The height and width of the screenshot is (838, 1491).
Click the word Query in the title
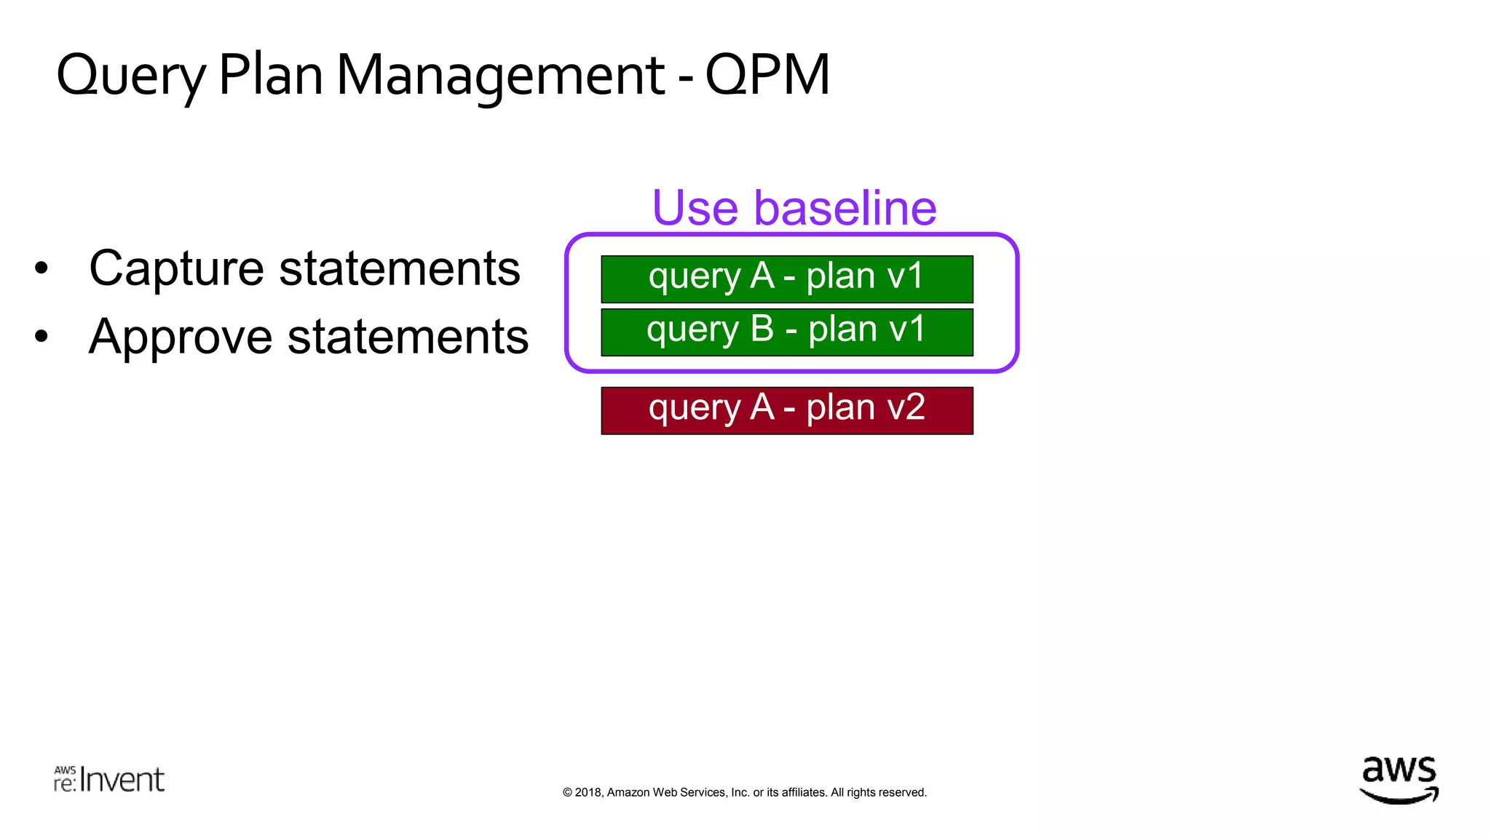[x=131, y=76]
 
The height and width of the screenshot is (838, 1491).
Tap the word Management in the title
[x=500, y=76]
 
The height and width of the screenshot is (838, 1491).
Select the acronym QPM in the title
[x=767, y=76]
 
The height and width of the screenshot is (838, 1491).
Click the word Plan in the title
[x=270, y=76]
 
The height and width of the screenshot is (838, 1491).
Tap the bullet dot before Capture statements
[x=41, y=268]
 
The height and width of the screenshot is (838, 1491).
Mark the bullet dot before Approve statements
[x=41, y=336]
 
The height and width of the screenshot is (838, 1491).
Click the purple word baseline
[x=845, y=208]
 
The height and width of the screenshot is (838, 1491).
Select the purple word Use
[x=695, y=208]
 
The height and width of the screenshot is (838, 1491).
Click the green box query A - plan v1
[x=786, y=279]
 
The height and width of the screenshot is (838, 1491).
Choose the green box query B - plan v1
[x=786, y=332]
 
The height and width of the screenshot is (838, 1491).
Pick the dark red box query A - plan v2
[x=786, y=410]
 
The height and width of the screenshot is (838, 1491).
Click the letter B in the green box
[x=762, y=329]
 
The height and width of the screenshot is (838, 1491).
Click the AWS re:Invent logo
[x=109, y=779]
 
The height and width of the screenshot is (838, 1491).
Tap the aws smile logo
[x=1399, y=780]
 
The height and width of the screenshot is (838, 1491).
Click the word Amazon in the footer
[x=628, y=792]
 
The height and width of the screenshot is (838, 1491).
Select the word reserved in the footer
[x=902, y=792]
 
